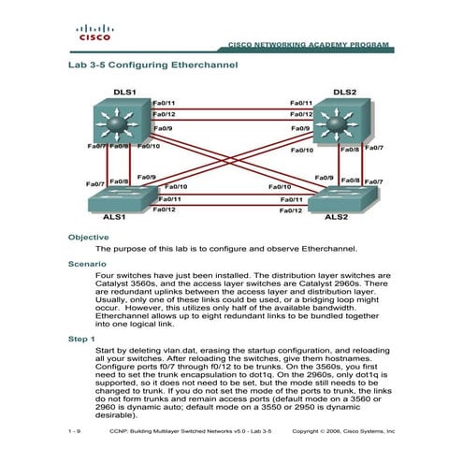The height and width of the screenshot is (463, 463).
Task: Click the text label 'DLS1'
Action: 124,93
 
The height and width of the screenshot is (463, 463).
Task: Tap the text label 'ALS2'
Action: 336,216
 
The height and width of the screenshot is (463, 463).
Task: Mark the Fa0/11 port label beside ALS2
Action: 292,199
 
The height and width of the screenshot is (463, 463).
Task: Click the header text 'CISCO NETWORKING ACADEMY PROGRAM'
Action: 308,45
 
